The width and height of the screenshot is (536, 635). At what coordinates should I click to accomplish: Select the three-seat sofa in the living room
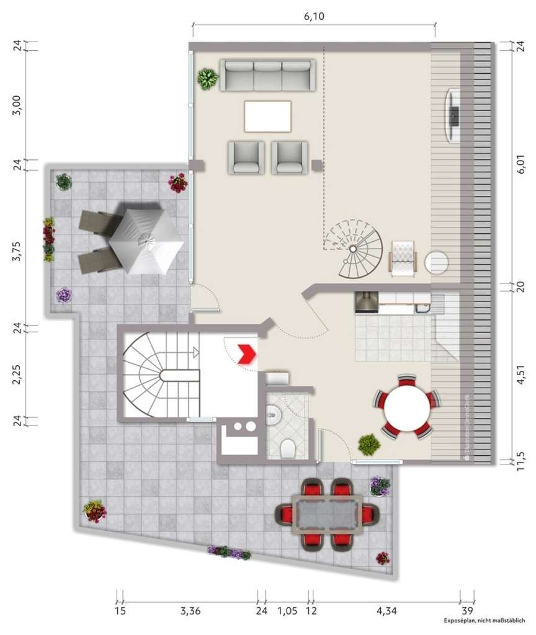268,76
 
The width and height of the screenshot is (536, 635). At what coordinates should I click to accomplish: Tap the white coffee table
268,116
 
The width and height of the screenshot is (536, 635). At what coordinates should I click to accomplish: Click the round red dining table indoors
408,406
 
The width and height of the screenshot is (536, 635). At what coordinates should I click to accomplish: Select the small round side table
437,261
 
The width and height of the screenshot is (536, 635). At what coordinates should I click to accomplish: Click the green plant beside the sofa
208,79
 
